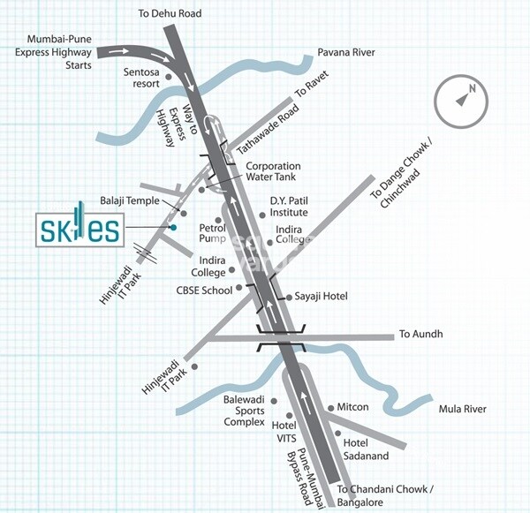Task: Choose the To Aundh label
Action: [x=420, y=335]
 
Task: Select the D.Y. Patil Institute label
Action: [x=289, y=207]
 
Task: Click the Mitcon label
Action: [x=352, y=407]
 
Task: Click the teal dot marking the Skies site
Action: [x=173, y=229]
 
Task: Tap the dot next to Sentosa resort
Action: [x=169, y=79]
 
